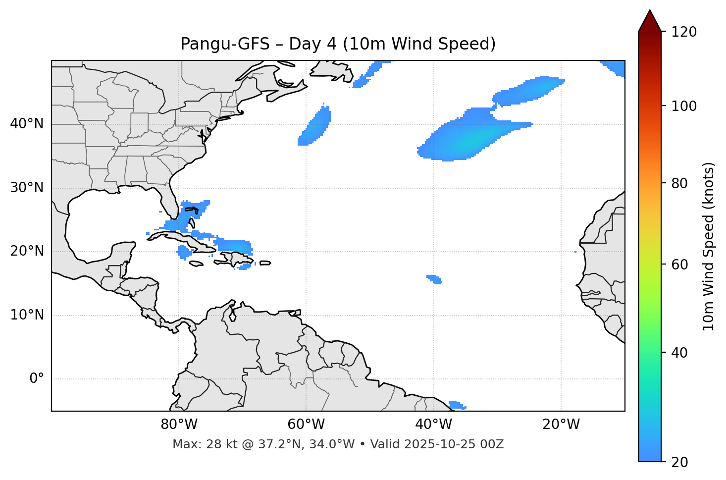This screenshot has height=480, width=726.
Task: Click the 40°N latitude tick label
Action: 27,124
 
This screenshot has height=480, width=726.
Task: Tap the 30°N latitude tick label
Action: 27,188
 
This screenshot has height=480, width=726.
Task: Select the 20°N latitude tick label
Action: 27,251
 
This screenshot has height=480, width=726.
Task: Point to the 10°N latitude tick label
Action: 27,315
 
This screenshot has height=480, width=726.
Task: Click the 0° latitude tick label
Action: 37,379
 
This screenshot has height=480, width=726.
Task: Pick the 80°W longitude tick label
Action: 179,425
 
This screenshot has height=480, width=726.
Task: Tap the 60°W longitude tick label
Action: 306,425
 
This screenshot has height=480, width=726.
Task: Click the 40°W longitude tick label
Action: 433,425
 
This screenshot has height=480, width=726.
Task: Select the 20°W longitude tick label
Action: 561,425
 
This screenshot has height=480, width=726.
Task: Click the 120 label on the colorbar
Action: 684,32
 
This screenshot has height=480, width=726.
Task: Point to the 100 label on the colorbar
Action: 684,107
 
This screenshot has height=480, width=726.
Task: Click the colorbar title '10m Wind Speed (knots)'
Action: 709,246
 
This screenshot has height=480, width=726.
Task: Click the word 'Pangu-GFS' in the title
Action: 225,45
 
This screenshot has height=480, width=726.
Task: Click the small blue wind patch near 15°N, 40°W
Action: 434,279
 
